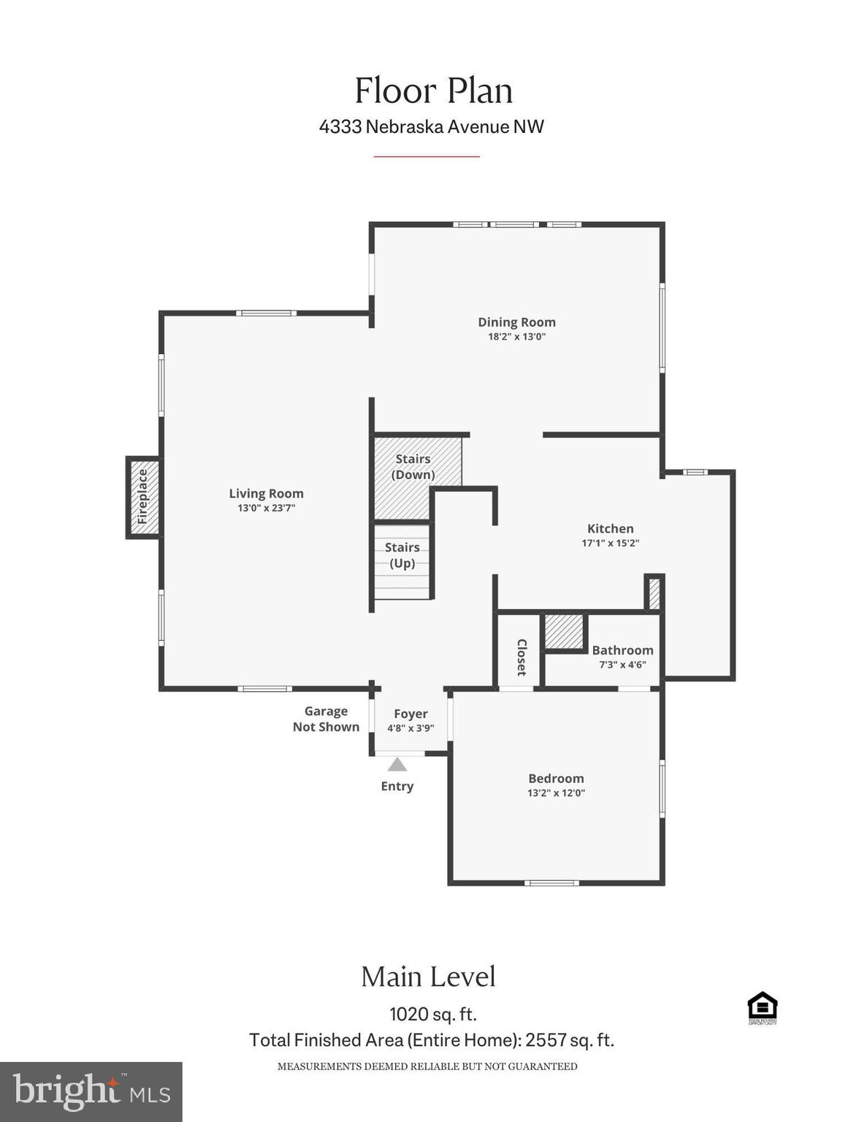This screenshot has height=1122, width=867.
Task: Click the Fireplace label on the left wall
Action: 143,497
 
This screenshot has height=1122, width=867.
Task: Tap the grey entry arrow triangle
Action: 397,765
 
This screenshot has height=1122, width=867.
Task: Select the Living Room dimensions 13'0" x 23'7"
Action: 266,508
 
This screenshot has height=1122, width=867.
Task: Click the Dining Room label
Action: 516,322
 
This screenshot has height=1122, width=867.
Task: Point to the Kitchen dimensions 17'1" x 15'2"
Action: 610,543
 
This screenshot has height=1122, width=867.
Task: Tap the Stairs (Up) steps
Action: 402,562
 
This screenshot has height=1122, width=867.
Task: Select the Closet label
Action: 522,657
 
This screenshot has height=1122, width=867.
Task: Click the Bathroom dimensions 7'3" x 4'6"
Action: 622,665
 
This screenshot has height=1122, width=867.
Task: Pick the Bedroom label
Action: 556,779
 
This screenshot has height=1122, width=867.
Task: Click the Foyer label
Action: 410,714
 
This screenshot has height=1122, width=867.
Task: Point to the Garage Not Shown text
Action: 326,719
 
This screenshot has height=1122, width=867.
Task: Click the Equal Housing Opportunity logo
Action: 762,1007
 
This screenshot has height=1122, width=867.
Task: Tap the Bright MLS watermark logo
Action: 91,1091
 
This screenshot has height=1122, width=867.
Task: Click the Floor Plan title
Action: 433,91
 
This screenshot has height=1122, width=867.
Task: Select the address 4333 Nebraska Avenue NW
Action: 431,126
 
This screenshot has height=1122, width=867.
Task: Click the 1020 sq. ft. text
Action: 432,1014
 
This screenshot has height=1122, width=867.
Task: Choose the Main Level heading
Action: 428,977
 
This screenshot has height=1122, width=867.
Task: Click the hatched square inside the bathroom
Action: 564,631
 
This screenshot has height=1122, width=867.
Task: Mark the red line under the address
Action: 427,156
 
